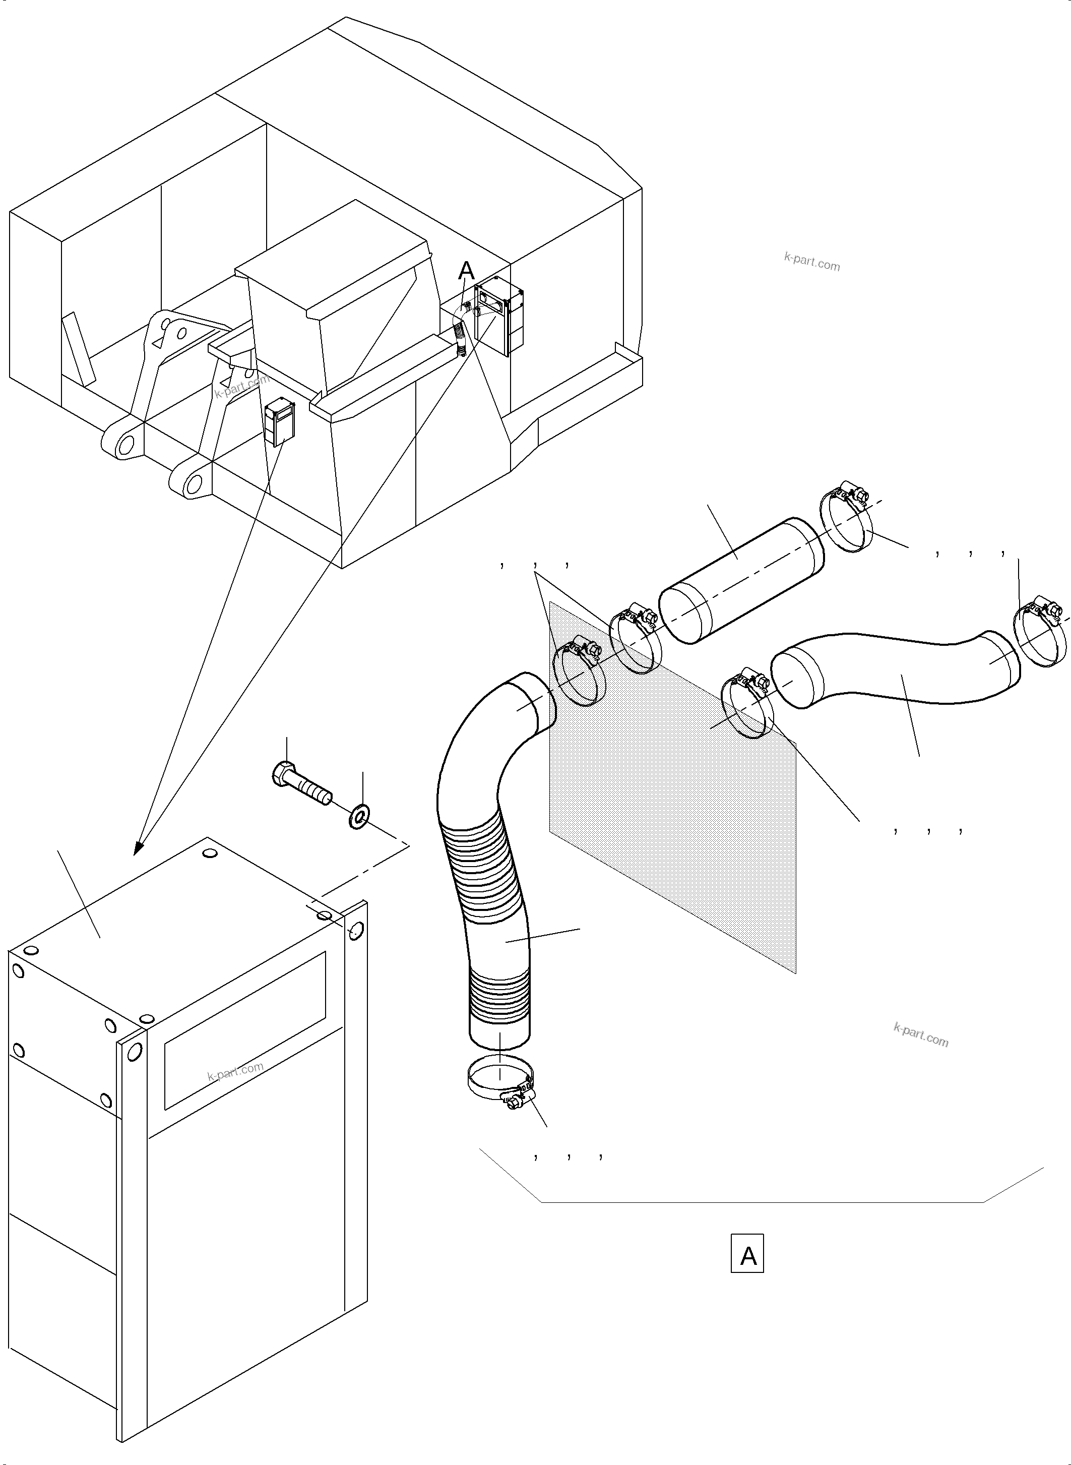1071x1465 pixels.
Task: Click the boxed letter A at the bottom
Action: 747,1256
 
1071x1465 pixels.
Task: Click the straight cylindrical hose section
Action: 741,580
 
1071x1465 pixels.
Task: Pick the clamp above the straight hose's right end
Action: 846,519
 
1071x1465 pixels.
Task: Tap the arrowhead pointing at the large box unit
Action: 138,848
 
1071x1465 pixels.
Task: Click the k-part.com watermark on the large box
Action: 235,1072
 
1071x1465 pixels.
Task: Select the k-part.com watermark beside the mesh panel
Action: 921,1034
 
